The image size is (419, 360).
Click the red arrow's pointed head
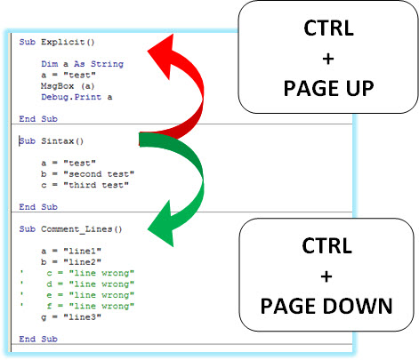(x=163, y=55)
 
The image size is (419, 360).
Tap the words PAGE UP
(x=328, y=88)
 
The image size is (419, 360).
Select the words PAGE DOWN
(x=326, y=306)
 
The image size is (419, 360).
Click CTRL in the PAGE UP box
(x=328, y=28)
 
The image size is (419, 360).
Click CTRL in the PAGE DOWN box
(x=326, y=245)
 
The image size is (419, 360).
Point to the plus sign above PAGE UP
(x=328, y=59)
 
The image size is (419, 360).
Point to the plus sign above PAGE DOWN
(x=326, y=276)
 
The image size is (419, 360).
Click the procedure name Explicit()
(x=68, y=42)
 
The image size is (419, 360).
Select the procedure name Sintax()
(x=62, y=141)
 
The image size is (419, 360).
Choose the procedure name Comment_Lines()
(x=82, y=229)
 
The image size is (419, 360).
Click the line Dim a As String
(x=82, y=64)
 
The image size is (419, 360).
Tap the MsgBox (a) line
(x=68, y=86)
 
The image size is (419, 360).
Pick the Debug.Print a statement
(x=77, y=97)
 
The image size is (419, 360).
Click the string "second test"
(x=99, y=174)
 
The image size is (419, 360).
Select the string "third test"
(x=96, y=185)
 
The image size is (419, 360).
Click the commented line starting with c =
(x=77, y=273)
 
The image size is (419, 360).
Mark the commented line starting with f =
(x=77, y=306)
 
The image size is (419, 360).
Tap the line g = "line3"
(x=71, y=317)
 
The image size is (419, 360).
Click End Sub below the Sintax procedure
(x=38, y=207)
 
